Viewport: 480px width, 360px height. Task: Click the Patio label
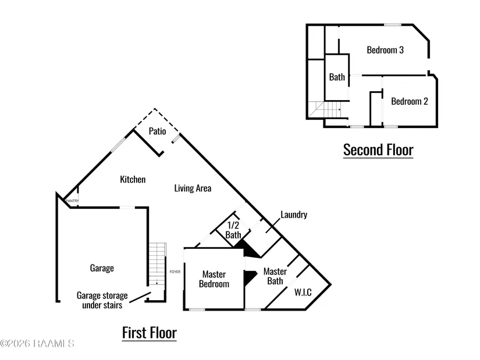(157, 131)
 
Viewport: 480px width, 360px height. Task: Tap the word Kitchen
(133, 179)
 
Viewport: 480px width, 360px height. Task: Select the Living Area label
(193, 188)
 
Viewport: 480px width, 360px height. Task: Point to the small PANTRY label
(72, 201)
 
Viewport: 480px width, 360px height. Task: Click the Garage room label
(102, 268)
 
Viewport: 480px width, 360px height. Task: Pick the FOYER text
(175, 272)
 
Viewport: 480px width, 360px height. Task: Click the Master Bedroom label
(214, 279)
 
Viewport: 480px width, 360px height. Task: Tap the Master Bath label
(275, 276)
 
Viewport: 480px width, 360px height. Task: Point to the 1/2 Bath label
(233, 230)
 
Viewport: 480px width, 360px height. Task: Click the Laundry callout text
(294, 215)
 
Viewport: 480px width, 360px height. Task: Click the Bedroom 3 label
(385, 50)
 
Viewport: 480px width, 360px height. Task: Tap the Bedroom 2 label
(410, 101)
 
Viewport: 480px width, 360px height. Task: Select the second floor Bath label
(337, 77)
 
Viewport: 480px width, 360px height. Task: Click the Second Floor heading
(378, 149)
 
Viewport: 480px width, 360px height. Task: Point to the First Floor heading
(149, 333)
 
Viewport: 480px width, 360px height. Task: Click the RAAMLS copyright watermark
(37, 344)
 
